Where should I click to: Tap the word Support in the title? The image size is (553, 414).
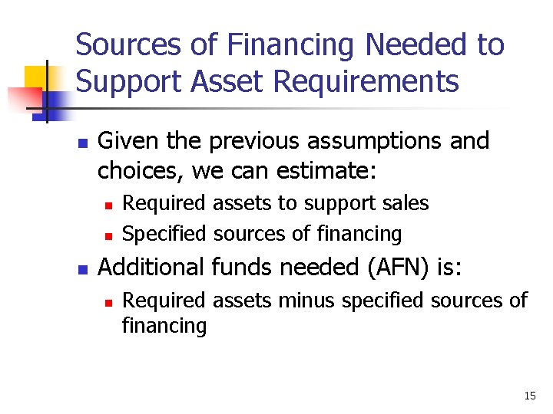click(x=122, y=81)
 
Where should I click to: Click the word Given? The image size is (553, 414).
click(x=123, y=141)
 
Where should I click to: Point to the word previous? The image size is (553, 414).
click(x=247, y=141)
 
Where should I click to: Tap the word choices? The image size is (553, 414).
click(x=141, y=170)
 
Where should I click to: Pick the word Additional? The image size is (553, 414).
click(x=151, y=267)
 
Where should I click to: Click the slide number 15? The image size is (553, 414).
click(x=529, y=396)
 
